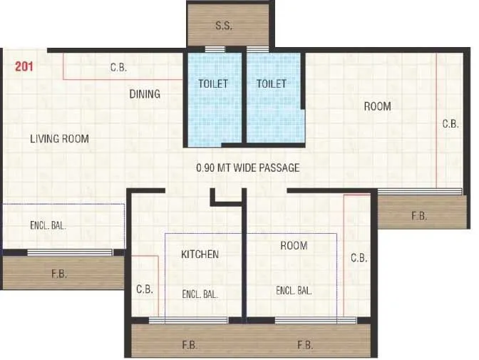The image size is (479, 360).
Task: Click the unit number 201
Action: [x=24, y=68]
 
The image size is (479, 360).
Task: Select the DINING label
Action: [x=145, y=94]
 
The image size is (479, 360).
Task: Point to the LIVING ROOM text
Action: [x=59, y=139]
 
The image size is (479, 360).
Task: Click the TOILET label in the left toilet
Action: [x=213, y=84]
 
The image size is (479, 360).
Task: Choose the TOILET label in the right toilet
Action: [x=272, y=84]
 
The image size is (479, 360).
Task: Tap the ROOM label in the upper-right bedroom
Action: [x=377, y=107]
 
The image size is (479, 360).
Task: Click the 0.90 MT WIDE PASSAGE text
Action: [x=247, y=168]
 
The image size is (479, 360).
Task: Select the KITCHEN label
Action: [x=200, y=254]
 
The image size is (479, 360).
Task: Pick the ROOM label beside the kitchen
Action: [x=293, y=246]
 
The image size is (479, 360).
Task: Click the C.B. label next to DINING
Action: [x=118, y=68]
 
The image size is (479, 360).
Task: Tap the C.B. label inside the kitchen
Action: [x=145, y=289]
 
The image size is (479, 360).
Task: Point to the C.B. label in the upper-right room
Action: [x=450, y=124]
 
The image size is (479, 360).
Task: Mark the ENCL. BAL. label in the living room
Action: [x=48, y=225]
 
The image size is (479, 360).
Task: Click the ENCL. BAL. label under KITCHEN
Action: [x=200, y=293]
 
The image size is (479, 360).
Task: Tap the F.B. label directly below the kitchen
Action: [x=190, y=345]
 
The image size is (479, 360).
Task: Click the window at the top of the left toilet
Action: [x=215, y=49]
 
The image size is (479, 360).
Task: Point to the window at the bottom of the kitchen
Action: [x=188, y=320]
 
